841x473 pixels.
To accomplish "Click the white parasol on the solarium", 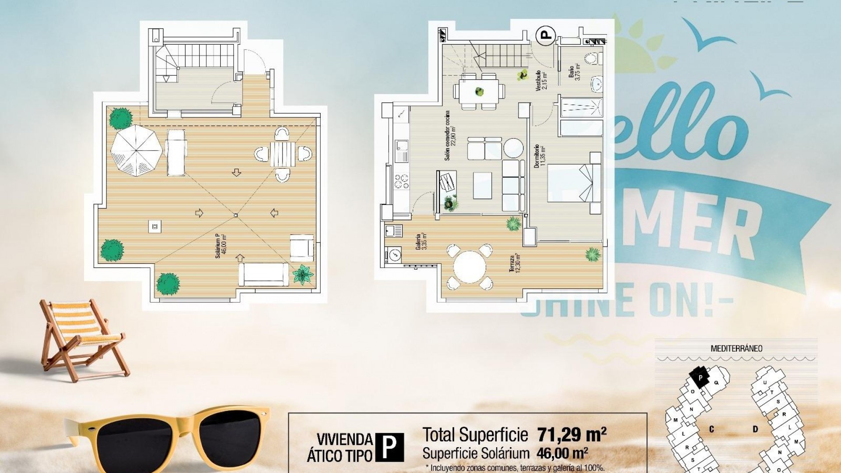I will tap(136, 150).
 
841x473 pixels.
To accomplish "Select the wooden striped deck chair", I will tap(81, 337).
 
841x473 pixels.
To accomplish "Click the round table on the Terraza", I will tap(470, 267).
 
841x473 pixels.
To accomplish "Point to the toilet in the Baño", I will tap(591, 58).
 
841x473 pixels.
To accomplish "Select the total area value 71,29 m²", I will tap(572, 434).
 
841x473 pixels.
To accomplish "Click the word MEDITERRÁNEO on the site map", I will tap(736, 349).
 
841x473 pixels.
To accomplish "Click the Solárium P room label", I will tap(221, 246).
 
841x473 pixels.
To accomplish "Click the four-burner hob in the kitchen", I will tap(401, 181).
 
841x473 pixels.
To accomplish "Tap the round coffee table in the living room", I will tap(513, 148).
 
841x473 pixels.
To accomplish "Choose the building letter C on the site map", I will tap(711, 429).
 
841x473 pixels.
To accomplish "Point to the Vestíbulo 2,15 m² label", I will tap(541, 80).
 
